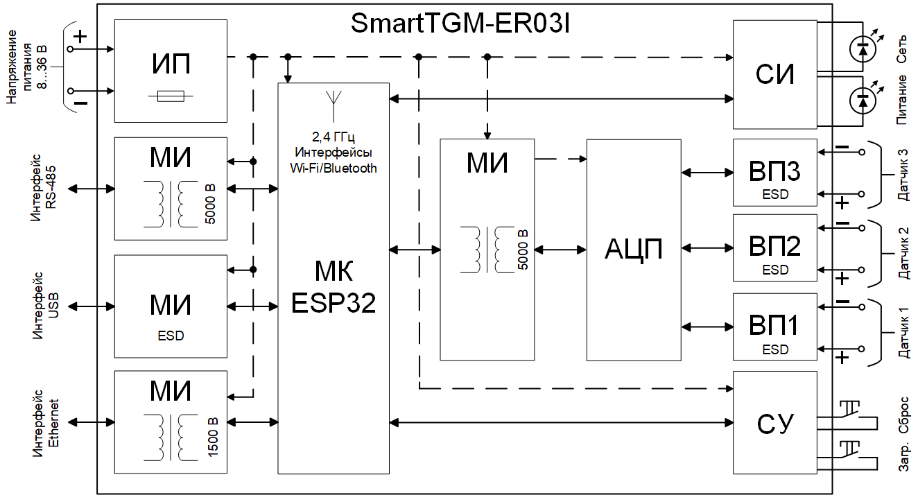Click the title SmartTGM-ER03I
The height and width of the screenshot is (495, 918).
click(460, 24)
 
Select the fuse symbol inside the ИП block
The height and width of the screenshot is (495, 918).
click(171, 97)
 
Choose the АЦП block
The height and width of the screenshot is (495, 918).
click(634, 250)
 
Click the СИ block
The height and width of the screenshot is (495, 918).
click(775, 75)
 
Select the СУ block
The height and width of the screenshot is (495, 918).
click(775, 422)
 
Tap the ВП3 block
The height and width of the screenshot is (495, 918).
click(775, 172)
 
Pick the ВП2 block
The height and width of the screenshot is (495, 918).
click(775, 247)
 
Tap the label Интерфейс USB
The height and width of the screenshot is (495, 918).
click(46, 306)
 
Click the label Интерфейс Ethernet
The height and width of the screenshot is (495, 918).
click(46, 423)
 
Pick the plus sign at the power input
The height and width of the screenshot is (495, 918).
click(80, 37)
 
